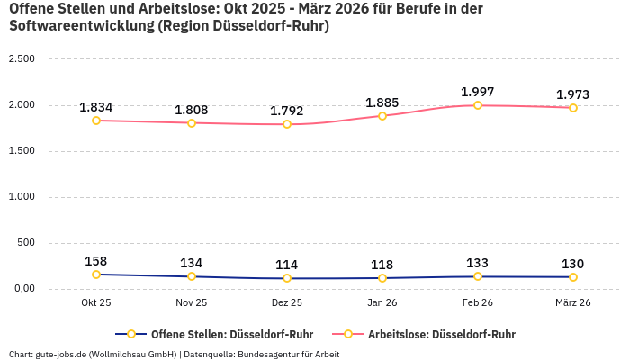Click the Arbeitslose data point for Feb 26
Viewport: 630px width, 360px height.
(x=478, y=105)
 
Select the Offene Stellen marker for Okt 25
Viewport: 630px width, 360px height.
(x=96, y=274)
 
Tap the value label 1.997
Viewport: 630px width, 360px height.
(x=478, y=92)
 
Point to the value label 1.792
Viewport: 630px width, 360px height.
(x=287, y=111)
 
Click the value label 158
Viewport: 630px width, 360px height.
(x=96, y=261)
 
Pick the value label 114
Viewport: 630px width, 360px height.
(x=287, y=265)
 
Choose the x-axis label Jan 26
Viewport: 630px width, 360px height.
(x=382, y=303)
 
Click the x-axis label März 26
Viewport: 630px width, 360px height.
(x=572, y=303)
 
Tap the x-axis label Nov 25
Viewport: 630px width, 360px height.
(x=192, y=303)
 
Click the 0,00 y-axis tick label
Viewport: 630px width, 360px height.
(x=22, y=289)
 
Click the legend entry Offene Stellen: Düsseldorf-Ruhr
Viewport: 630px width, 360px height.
(x=225, y=334)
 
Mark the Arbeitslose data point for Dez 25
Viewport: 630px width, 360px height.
(x=287, y=124)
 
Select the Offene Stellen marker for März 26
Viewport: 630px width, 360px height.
(x=572, y=277)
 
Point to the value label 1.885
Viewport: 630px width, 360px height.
(x=382, y=103)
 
